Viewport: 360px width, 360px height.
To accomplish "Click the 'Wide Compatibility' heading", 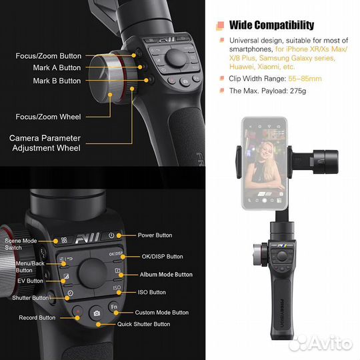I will pos(271,25).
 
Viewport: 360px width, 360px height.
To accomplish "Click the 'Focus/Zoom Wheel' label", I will pos(48,117).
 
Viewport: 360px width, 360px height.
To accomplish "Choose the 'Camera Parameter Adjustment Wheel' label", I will pos(45,143).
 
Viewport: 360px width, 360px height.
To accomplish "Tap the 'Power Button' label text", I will pos(155,235).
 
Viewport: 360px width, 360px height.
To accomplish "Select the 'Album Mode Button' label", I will pos(165,275).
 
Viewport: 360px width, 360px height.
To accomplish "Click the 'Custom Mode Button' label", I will pos(161,312).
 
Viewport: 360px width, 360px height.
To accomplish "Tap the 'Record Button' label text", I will pos(37,318).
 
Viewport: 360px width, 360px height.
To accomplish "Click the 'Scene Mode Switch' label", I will pos(21,243).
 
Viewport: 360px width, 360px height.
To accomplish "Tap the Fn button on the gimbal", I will pos(114,309).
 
